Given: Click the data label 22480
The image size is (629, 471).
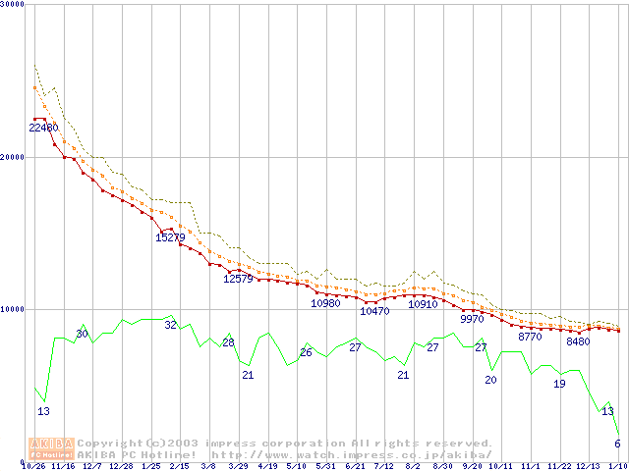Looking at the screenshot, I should coord(43,129).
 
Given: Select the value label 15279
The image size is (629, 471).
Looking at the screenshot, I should coord(170,237).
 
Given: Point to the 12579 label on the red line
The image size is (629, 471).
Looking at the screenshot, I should coord(238,279).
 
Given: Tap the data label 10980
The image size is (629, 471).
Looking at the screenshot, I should coord(325,303).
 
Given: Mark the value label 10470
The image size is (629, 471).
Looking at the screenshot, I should coord(374,311).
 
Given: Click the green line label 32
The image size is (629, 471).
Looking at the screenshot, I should coord(170,325).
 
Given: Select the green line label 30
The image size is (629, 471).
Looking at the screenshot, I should coord(83,335).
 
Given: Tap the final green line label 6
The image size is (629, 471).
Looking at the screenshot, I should coord(617,444).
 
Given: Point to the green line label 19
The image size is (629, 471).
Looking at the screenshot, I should coord(559,384).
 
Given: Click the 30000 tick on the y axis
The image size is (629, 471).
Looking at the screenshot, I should coord(14,5).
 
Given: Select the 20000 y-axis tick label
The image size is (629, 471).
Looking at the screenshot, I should coord(14,157).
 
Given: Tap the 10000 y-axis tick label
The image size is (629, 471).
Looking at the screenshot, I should coord(14,309).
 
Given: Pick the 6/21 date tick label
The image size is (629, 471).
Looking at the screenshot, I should coord(355,466).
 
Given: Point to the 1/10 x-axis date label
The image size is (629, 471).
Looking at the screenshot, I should coord(618,466).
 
